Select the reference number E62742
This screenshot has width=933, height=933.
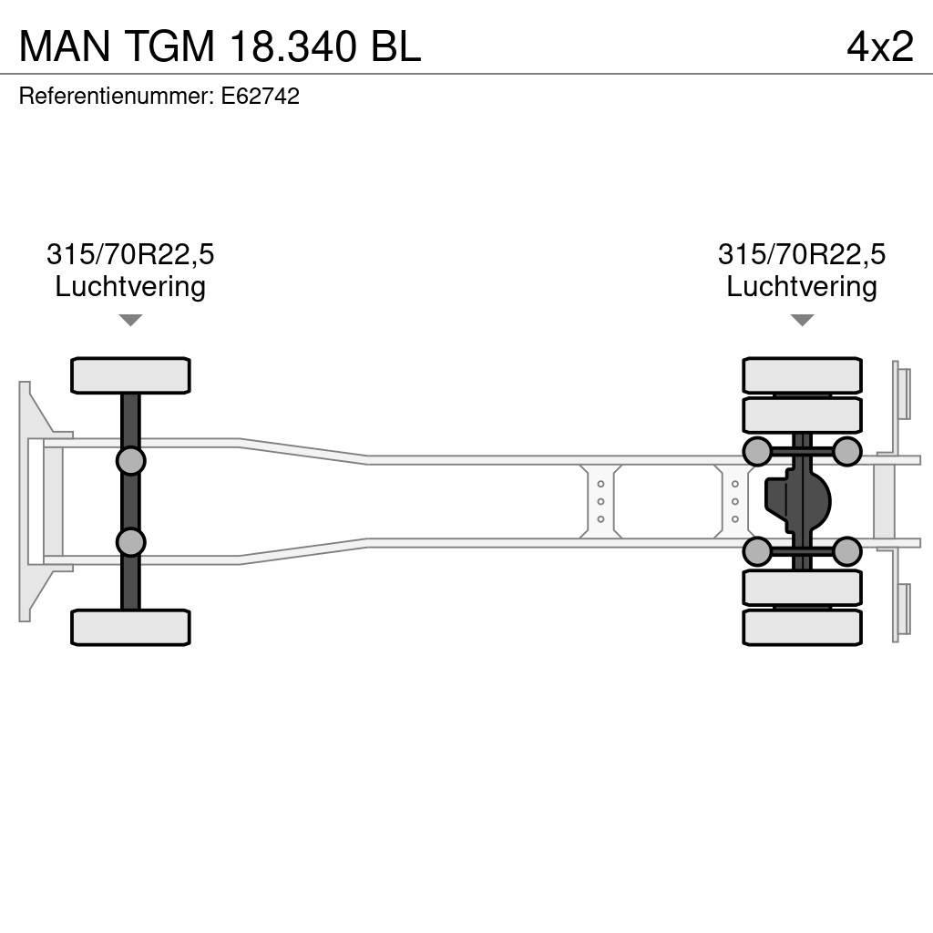point(261,97)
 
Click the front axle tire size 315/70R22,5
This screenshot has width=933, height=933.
point(130,254)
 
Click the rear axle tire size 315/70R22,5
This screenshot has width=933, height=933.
point(802,254)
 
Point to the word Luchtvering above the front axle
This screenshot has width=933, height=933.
point(130,287)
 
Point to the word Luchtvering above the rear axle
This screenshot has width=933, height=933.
point(802,287)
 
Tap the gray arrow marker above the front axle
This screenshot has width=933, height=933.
point(130,321)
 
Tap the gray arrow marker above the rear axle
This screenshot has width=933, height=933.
point(802,321)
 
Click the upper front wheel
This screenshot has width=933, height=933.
point(130,375)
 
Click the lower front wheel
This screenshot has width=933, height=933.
point(130,628)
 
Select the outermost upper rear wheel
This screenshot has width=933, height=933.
point(802,375)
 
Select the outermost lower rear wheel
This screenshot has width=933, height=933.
point(802,628)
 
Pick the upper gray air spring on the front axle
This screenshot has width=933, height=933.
point(130,460)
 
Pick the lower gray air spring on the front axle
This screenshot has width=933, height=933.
point(130,543)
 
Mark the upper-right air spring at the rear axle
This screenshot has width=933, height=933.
point(847,451)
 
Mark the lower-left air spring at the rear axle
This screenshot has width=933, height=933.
point(757,551)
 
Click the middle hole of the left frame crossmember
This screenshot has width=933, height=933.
point(601,501)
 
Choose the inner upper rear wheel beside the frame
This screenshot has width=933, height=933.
point(802,415)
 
